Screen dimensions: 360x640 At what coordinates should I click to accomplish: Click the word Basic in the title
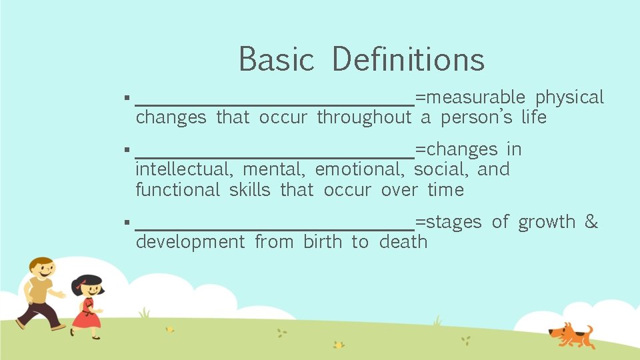pos(276,59)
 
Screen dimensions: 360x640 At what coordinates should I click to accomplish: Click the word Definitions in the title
pos(407,59)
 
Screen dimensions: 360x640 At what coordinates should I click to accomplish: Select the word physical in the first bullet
pos(569,97)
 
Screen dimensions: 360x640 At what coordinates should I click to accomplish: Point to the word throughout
pos(364,118)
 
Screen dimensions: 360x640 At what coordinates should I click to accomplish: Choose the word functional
pos(177,190)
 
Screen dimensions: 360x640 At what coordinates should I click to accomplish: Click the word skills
pos(250,190)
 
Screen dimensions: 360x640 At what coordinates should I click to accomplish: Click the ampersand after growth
pos(591,222)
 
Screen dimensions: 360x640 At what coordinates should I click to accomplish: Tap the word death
pos(403,242)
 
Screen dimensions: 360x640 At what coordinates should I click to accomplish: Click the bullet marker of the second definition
pos(126,150)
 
